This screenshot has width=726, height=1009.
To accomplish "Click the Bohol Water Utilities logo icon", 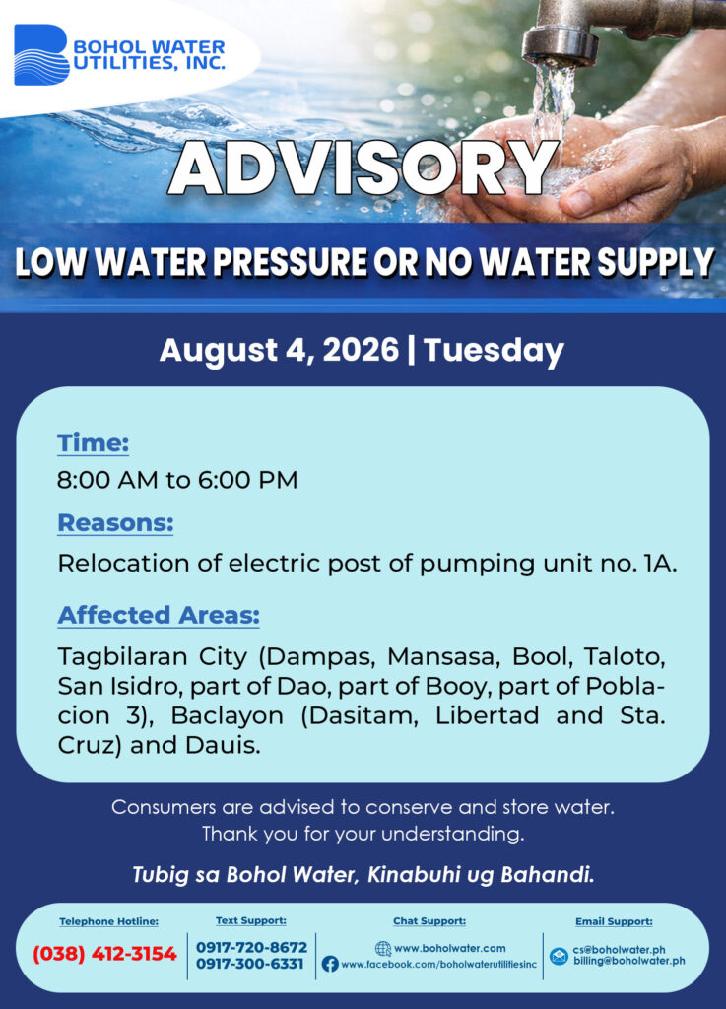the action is [41, 55].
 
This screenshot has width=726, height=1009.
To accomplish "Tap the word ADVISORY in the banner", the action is [363, 168].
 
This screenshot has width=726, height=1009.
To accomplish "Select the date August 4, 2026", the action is [279, 350].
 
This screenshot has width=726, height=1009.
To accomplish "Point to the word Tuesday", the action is [494, 350].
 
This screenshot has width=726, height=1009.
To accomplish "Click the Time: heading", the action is [94, 442].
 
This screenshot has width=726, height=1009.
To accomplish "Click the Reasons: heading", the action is [116, 523].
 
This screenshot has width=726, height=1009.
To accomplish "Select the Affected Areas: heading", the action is [159, 615].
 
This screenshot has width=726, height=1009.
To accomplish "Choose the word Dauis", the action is [224, 745].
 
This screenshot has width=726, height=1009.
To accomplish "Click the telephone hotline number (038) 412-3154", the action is [104, 953].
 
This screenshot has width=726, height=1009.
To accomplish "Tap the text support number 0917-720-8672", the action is [251, 947].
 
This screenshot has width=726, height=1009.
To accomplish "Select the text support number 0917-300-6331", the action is [249, 964].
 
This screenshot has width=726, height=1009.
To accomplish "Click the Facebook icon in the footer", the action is [330, 964].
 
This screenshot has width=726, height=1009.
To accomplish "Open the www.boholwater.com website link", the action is [449, 948].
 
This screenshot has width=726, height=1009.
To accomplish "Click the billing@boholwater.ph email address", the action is [628, 961].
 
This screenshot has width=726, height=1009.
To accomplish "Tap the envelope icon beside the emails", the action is [559, 956].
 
